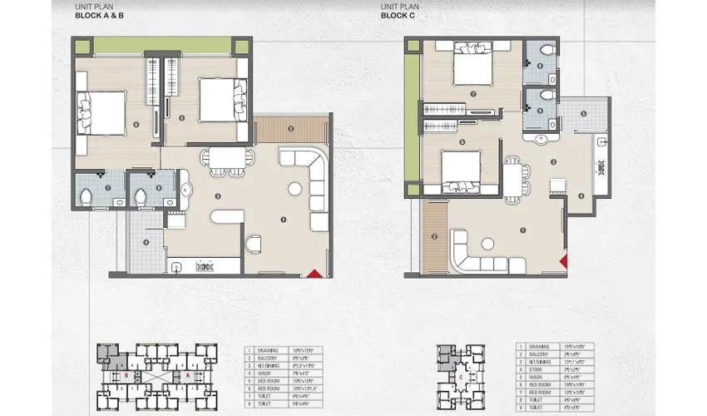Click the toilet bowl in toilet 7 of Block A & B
point(86,196)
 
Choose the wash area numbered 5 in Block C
point(584,116)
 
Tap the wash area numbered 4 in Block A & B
point(146,242)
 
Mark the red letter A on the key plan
point(188,375)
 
